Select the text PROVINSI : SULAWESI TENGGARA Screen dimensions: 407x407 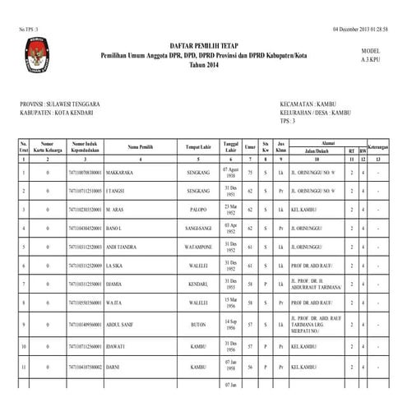(59, 104)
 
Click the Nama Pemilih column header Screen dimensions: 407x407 (141, 147)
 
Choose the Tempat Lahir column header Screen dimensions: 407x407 (198, 147)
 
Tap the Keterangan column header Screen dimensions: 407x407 (377, 147)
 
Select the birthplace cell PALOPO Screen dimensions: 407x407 (198, 209)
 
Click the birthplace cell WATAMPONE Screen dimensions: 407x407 (198, 246)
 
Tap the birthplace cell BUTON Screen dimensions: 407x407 (198, 324)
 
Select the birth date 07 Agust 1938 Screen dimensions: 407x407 (230, 173)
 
